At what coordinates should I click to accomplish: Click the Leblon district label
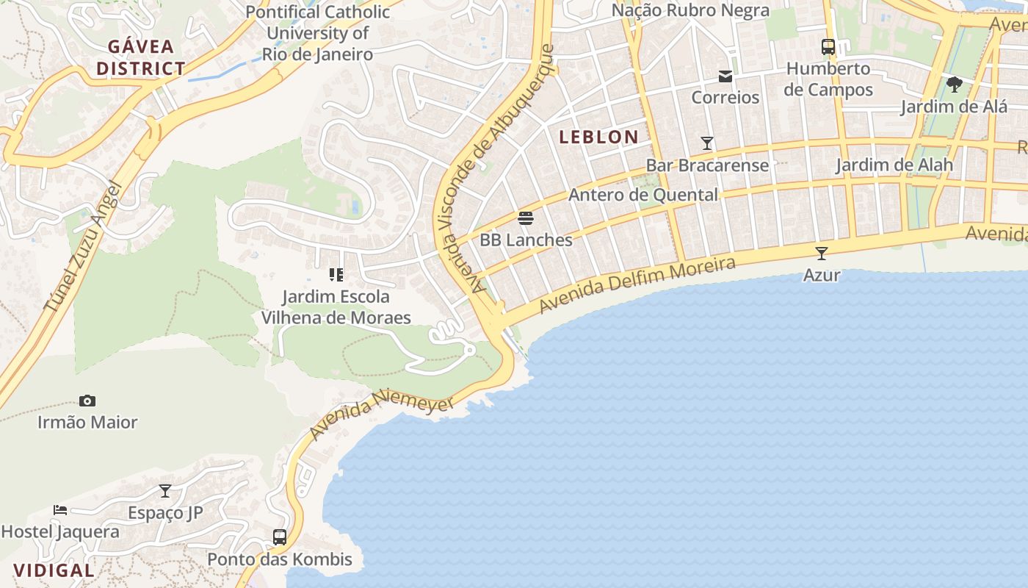click(598, 137)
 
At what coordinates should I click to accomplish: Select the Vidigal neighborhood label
click(54, 570)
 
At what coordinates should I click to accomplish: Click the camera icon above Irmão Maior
click(87, 401)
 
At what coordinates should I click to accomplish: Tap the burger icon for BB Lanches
click(526, 218)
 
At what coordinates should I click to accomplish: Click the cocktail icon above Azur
click(822, 254)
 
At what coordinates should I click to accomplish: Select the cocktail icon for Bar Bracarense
click(707, 143)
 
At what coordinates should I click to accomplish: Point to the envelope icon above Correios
click(725, 76)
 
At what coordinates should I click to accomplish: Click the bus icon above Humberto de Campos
click(828, 47)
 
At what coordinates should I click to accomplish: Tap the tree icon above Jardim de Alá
click(954, 85)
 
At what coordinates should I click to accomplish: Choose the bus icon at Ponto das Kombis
click(280, 537)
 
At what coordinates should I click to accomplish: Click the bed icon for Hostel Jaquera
click(60, 509)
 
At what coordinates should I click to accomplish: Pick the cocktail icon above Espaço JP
click(165, 491)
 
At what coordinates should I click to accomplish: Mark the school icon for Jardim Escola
click(336, 275)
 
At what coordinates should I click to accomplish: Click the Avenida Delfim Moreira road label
click(637, 285)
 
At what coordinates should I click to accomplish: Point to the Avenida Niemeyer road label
click(380, 415)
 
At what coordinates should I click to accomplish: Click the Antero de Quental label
click(643, 195)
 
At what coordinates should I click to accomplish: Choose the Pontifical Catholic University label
click(318, 33)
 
